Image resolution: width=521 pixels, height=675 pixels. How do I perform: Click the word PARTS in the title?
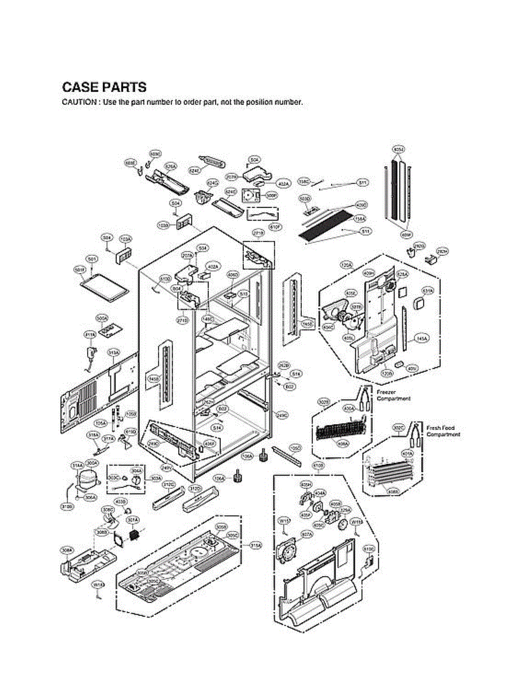124,88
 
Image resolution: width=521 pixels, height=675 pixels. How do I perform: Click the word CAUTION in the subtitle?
77,103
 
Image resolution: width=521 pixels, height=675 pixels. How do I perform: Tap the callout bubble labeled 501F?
80,270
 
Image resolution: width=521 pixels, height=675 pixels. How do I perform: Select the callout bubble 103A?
125,239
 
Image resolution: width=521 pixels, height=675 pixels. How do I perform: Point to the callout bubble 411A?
89,335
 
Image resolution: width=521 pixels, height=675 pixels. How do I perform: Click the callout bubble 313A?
114,352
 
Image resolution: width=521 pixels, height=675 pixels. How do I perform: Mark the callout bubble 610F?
275,227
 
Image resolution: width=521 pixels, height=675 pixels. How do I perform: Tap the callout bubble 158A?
360,218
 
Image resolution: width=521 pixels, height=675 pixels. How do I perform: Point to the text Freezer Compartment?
393,395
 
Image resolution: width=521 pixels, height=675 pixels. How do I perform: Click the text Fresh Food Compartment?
443,431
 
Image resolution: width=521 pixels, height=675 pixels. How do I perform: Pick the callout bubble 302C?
398,429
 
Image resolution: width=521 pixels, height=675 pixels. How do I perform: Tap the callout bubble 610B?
318,466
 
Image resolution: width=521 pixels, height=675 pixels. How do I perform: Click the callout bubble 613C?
369,548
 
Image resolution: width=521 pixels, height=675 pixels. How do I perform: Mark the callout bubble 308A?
67,552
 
